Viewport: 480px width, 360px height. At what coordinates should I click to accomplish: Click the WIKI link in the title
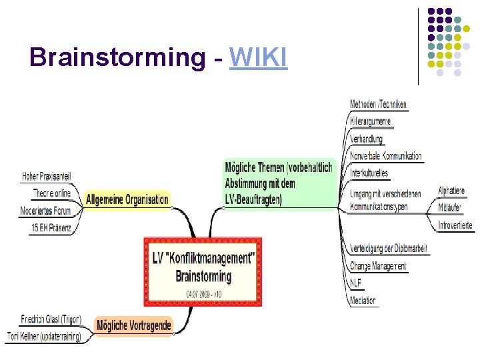[x=258, y=58]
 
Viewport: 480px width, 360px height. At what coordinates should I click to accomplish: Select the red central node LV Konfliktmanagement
[x=203, y=271]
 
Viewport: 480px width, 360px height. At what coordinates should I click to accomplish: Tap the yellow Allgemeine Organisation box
[x=127, y=199]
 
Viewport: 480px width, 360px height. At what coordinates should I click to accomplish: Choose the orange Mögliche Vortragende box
[x=134, y=325]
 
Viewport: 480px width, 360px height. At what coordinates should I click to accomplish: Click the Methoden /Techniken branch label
[x=378, y=105]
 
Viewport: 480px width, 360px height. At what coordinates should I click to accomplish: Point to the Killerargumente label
[x=370, y=121]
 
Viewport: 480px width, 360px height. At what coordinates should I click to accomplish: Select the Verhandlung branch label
[x=366, y=139]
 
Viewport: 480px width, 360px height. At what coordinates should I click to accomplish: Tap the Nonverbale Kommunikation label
[x=385, y=156]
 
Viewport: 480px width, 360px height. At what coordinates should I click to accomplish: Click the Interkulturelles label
[x=369, y=173]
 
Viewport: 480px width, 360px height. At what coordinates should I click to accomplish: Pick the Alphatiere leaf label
[x=451, y=191]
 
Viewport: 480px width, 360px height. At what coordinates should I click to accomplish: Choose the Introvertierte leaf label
[x=455, y=225]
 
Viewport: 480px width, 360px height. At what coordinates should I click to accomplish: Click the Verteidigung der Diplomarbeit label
[x=388, y=249]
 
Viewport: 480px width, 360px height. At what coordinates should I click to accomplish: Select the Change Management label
[x=378, y=266]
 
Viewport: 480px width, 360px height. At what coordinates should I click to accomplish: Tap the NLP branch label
[x=356, y=283]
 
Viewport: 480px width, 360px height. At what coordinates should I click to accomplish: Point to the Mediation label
[x=363, y=300]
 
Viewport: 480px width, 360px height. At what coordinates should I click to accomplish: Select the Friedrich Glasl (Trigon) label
[x=51, y=319]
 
